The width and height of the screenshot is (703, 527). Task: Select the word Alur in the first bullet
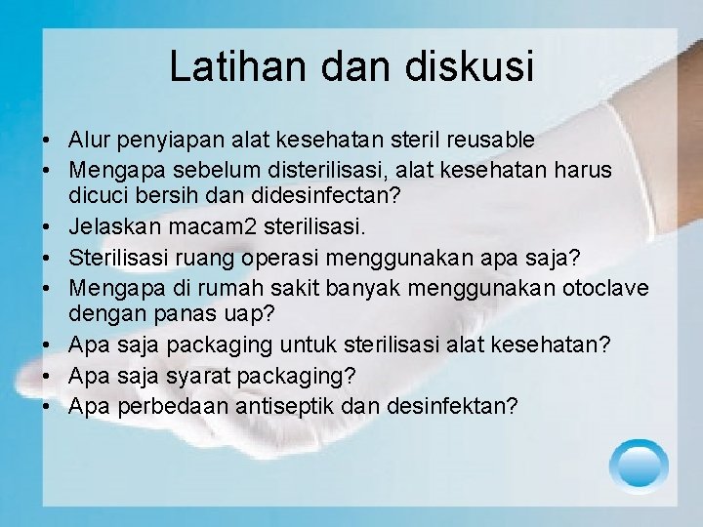[x=91, y=141]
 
